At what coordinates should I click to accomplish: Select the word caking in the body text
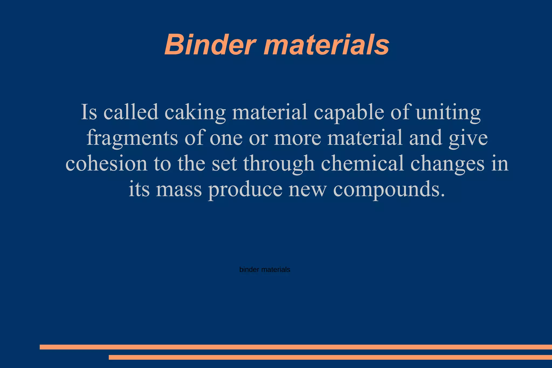pos(195,112)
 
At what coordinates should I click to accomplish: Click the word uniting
pos(448,113)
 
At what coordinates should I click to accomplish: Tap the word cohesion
pos(106,163)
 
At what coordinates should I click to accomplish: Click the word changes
pos(447,164)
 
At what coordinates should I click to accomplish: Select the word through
pos(279,164)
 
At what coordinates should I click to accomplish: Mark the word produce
pos(245,190)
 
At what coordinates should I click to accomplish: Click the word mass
pos(179,189)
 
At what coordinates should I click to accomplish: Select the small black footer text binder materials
pos(265,270)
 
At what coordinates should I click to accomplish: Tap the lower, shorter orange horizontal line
pos(330,357)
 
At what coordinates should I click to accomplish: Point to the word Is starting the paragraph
pos(89,112)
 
